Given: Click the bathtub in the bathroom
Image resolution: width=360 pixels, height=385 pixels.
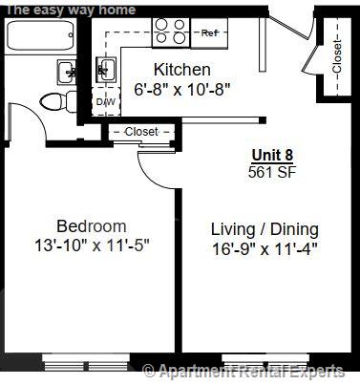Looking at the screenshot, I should [x=41, y=37].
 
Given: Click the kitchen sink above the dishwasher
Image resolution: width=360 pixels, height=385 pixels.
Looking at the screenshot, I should [x=105, y=70].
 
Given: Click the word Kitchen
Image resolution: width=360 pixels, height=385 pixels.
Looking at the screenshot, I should [x=181, y=70].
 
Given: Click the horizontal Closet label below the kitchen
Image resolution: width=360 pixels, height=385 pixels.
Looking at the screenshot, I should [x=140, y=131].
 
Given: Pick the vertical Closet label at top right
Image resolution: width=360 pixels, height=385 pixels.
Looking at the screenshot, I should [x=336, y=56].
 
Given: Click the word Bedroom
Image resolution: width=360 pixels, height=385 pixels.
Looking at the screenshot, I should [x=91, y=226].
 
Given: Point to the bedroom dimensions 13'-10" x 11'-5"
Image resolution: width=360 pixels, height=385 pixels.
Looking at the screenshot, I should [x=91, y=245].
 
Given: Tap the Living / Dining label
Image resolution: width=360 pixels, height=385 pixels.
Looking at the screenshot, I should [x=265, y=229].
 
